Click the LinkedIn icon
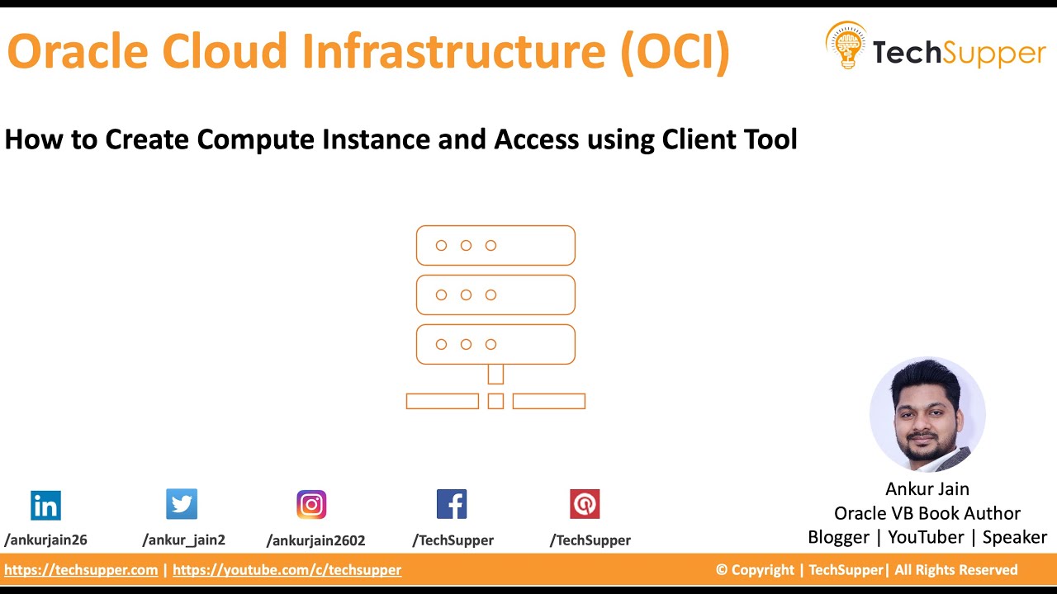(x=45, y=505)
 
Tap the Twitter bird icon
(x=182, y=503)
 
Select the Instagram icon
(x=311, y=504)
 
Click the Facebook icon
(x=452, y=504)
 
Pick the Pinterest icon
(x=585, y=504)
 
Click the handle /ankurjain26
(x=45, y=540)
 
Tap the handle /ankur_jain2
(x=183, y=540)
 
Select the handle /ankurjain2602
(x=315, y=541)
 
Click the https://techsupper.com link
(x=81, y=570)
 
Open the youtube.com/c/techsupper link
(x=287, y=570)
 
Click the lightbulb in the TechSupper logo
(x=846, y=45)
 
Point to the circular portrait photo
(x=927, y=414)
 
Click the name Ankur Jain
(x=927, y=489)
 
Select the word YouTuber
(x=926, y=537)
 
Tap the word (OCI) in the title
(x=675, y=51)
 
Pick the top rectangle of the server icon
(x=495, y=245)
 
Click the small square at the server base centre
(x=495, y=401)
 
